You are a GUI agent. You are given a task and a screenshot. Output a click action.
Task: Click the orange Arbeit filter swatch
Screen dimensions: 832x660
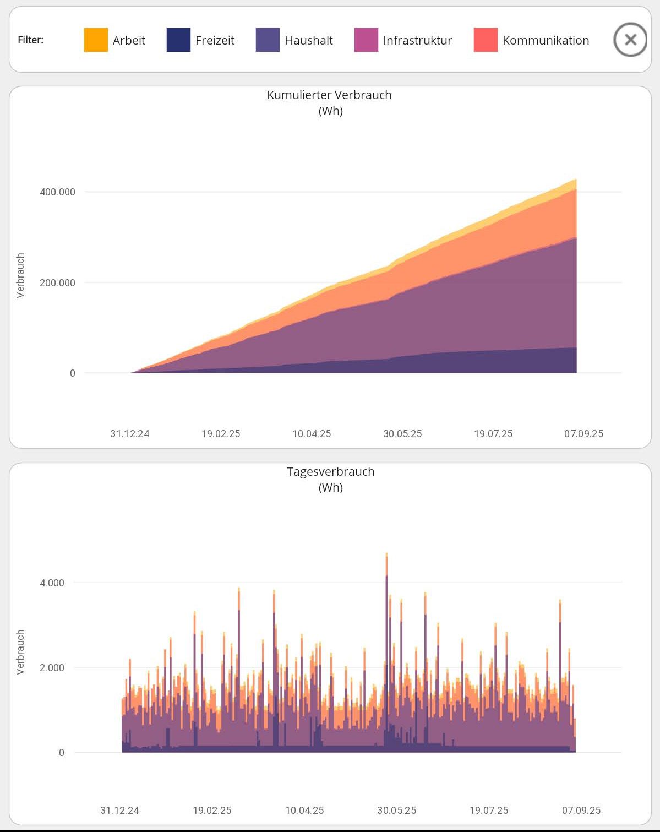96,40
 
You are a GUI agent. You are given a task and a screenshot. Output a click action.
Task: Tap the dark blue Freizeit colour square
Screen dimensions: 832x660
178,40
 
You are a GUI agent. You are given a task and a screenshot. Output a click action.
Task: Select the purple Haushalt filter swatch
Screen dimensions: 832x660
268,40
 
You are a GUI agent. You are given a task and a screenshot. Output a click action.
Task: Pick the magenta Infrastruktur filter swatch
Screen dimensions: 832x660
366,40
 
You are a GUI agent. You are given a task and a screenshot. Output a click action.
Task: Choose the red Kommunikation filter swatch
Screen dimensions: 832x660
486,40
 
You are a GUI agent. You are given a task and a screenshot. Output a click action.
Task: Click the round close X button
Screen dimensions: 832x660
630,40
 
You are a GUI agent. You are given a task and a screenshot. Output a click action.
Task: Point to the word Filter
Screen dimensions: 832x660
30,40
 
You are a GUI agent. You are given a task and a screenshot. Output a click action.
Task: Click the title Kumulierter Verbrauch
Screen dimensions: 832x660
329,95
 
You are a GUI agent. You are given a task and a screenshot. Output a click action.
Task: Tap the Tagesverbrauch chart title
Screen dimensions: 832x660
330,471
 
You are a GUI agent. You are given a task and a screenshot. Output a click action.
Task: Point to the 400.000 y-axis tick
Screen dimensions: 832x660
57,192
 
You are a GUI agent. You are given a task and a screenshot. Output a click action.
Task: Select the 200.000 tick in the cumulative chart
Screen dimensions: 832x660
57,283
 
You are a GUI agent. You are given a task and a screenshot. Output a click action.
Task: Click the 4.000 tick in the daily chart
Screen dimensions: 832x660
52,583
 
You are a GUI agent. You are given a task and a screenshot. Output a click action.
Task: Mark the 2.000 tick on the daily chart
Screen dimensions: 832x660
52,668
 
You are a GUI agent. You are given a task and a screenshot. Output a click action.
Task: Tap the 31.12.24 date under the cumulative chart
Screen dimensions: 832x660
130,434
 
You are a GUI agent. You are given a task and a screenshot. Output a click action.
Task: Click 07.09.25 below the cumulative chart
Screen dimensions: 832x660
583,434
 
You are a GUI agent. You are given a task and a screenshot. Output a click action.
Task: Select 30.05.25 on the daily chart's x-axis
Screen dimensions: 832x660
396,811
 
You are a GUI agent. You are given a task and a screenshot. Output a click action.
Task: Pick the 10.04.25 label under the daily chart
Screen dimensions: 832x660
304,811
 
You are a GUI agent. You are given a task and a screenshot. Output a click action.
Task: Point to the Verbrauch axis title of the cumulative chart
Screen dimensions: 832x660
20,275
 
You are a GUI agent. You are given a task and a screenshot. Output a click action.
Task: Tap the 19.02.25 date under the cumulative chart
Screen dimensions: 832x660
221,434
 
